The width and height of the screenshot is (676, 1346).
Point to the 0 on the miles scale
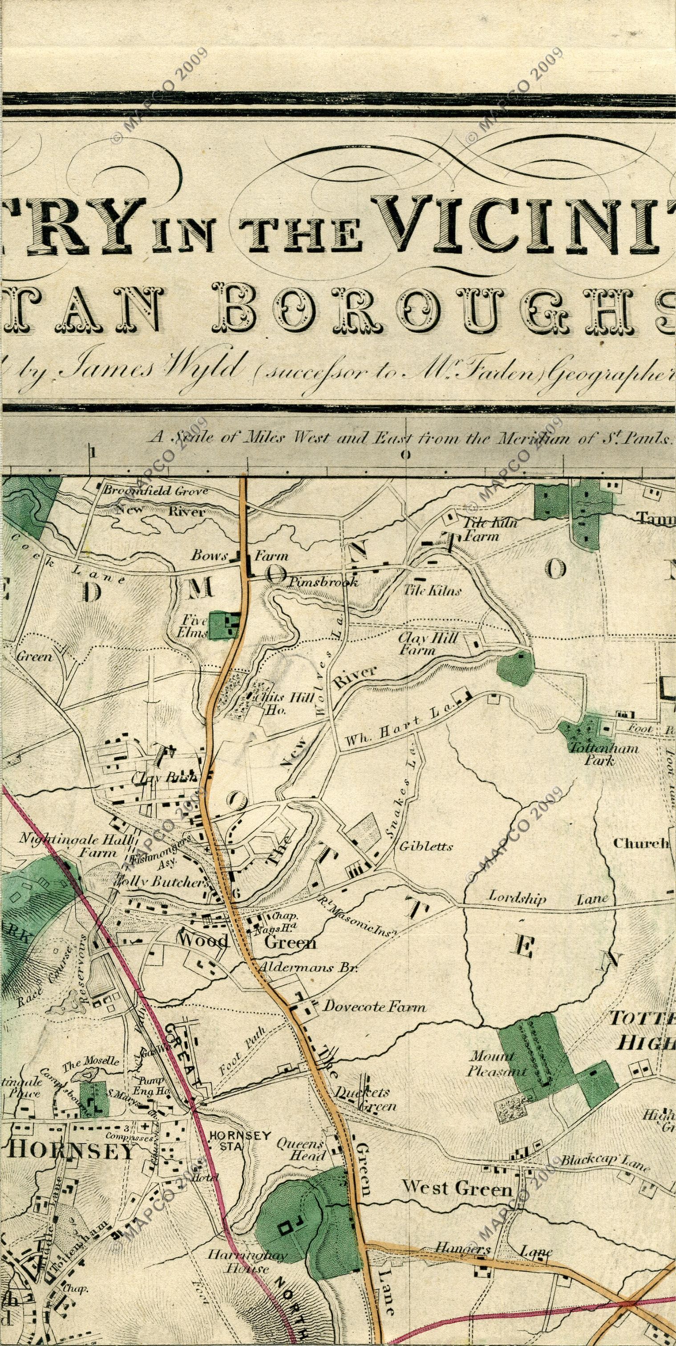(405, 454)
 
